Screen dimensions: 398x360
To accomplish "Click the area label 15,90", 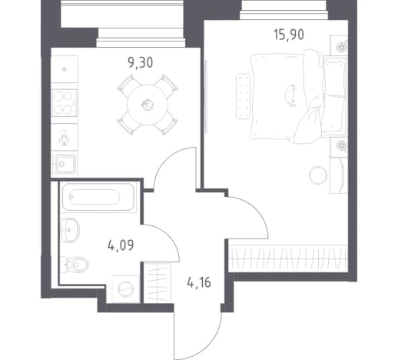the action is tap(289, 35).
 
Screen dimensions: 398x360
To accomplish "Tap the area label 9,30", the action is tap(141, 63).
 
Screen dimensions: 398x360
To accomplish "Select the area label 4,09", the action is tap(121, 245).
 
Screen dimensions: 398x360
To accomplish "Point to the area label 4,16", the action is tap(199, 283).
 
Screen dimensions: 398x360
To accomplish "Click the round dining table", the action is tap(148, 105).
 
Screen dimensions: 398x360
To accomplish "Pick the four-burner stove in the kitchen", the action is tap(65, 103).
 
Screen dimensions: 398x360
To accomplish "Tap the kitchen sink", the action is tap(64, 163).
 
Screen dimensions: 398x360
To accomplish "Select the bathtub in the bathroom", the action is tap(98, 197).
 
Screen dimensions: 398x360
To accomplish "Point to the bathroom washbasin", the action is tap(70, 230).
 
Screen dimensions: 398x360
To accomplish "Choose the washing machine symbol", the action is tap(125, 288).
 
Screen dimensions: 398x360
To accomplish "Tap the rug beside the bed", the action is tap(243, 96).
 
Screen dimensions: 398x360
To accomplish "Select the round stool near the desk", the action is tap(318, 175).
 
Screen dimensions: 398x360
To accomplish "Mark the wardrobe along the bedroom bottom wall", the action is tap(288, 258).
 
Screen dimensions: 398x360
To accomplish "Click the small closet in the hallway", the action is tap(157, 283).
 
